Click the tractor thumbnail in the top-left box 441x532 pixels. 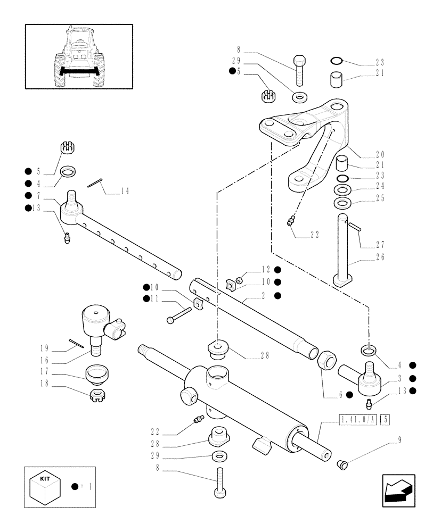[x=79, y=56]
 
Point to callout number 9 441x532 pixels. [x=399, y=440]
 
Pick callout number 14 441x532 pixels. [x=125, y=191]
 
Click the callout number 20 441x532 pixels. [x=379, y=155]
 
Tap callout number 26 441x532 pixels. [x=379, y=257]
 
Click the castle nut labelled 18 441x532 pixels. [x=96, y=396]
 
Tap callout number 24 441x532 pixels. [x=379, y=186]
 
